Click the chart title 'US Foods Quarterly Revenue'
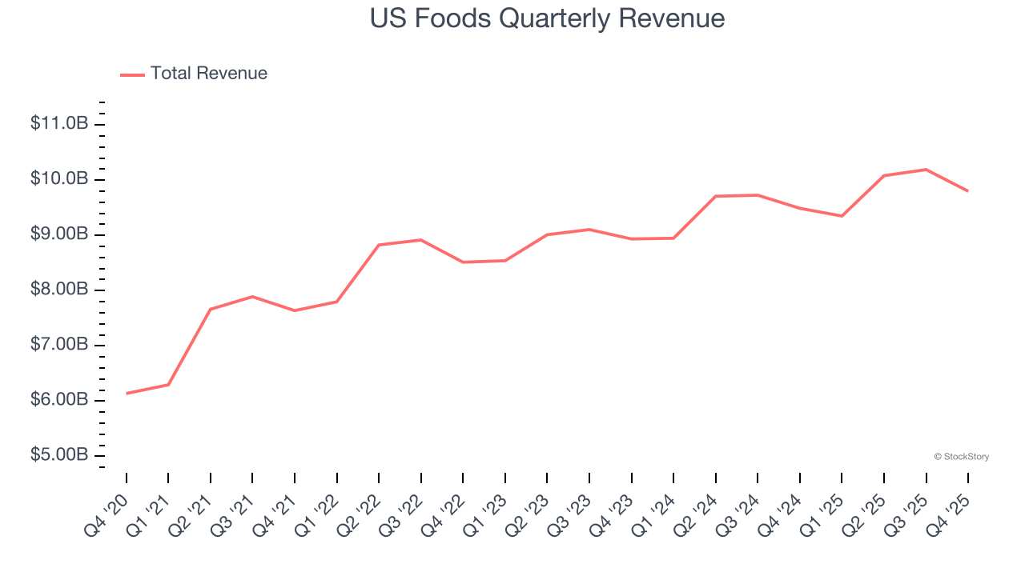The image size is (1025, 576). (x=547, y=18)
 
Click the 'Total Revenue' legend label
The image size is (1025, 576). (x=208, y=74)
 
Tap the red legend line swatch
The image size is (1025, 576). (x=132, y=74)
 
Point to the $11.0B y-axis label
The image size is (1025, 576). (x=59, y=123)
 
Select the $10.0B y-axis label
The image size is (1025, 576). (x=59, y=178)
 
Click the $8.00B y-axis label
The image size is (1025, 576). (x=59, y=289)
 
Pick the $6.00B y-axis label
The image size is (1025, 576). (x=59, y=399)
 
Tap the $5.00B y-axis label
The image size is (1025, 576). (x=59, y=454)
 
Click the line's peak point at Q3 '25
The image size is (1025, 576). (x=926, y=170)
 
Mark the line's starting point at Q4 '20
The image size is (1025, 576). (x=127, y=394)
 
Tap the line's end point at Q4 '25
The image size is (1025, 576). (x=968, y=190)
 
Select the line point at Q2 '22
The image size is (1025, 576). (x=379, y=245)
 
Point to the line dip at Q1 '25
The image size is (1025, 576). (x=842, y=216)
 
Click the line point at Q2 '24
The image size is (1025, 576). (x=716, y=196)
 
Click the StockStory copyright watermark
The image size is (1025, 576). (x=961, y=457)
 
